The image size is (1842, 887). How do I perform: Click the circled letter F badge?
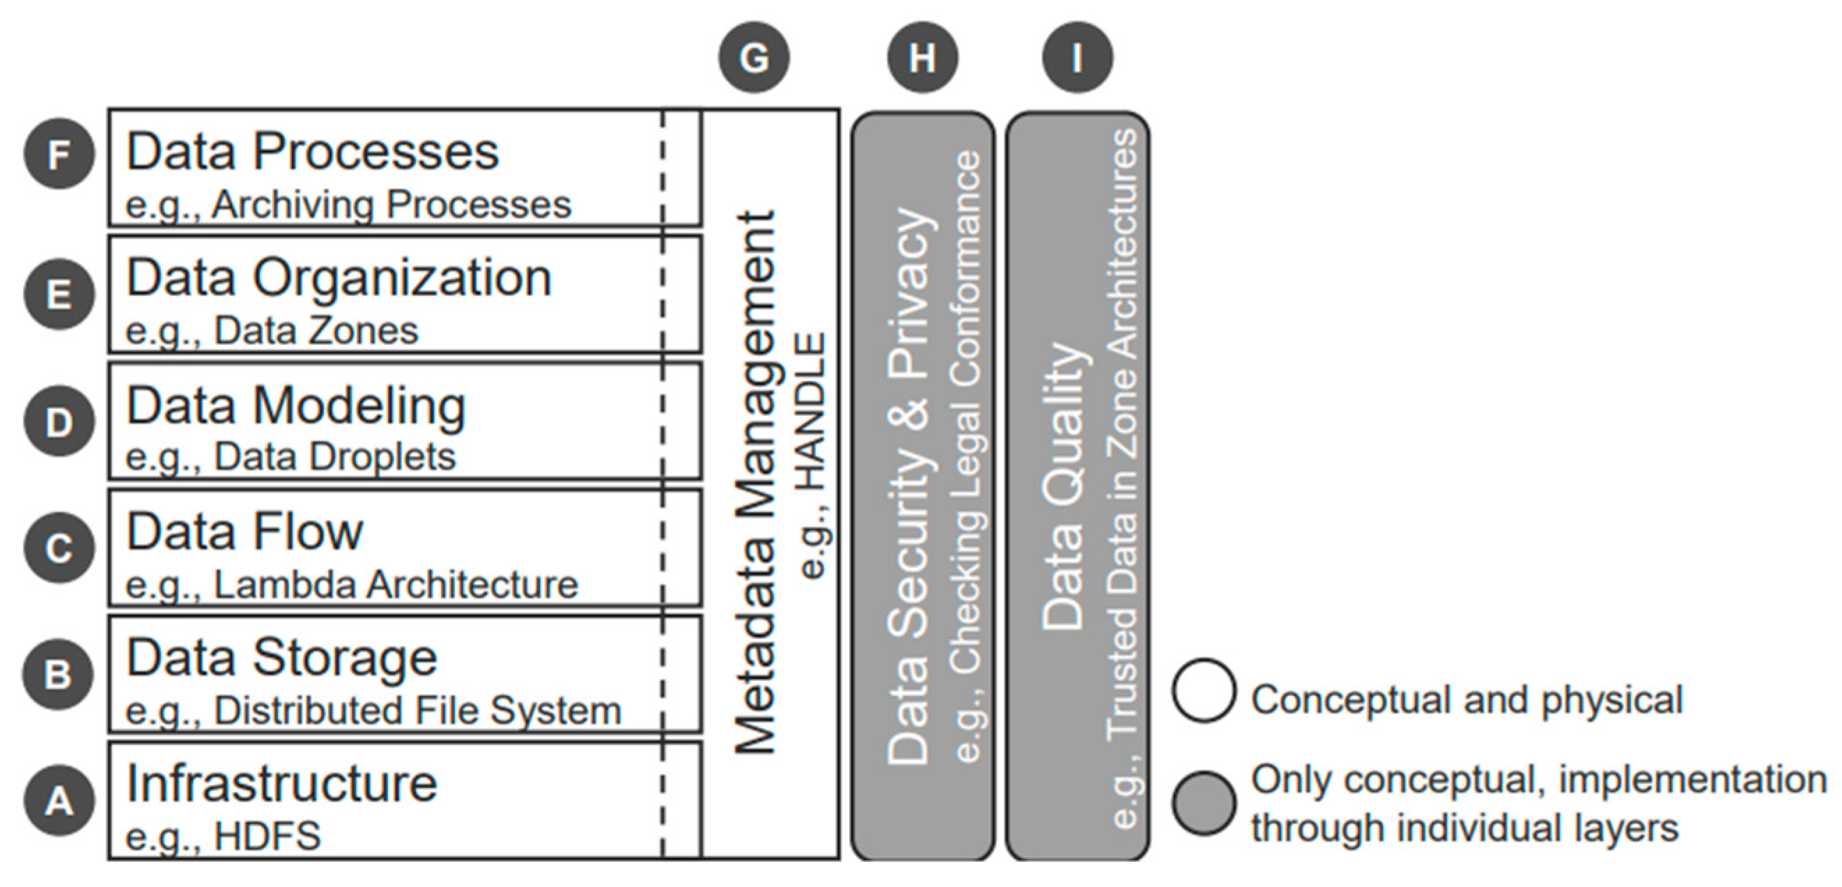coord(59,154)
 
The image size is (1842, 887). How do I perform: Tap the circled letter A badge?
coord(59,801)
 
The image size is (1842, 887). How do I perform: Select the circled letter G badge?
coord(754,57)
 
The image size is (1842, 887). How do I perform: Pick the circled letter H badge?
coord(922,57)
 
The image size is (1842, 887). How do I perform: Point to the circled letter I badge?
coord(1077,57)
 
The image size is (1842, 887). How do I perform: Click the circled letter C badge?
coord(59,548)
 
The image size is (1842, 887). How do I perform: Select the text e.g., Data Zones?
coord(272,331)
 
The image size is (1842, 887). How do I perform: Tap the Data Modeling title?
coord(295,406)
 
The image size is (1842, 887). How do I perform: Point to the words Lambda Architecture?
coord(396,585)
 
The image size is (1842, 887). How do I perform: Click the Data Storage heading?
coord(281,657)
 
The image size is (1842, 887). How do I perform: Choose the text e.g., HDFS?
coord(223,836)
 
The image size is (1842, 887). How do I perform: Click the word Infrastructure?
coord(281,784)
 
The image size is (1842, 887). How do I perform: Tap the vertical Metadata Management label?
coord(755,483)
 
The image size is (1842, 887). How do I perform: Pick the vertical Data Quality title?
coord(1062,486)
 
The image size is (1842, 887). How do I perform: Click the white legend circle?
coord(1203,691)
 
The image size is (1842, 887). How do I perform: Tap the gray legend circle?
coord(1203,803)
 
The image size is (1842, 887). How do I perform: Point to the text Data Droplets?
coord(334,457)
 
